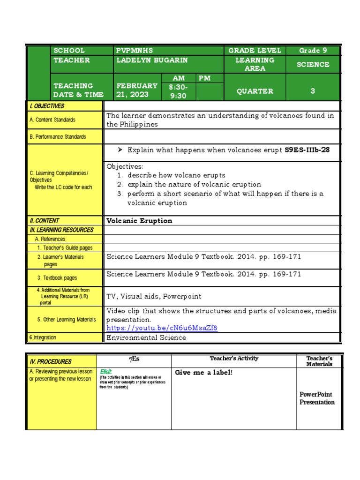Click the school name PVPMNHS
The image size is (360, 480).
click(x=135, y=51)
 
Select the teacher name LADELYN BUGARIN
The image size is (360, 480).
click(x=152, y=60)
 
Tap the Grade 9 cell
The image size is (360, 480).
click(x=313, y=51)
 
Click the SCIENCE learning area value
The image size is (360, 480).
click(x=313, y=65)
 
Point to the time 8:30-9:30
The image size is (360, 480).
click(x=178, y=91)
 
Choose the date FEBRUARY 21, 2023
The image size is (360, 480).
click(x=136, y=90)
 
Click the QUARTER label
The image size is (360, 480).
click(x=255, y=91)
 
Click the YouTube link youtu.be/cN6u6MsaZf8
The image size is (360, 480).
click(x=162, y=328)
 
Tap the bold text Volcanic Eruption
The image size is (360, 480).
click(x=139, y=221)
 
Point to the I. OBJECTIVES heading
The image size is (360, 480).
click(x=47, y=106)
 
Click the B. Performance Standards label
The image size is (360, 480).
click(x=58, y=137)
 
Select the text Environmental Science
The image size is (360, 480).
click(x=146, y=337)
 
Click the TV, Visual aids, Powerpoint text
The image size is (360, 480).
click(x=154, y=296)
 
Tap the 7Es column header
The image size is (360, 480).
click(x=134, y=359)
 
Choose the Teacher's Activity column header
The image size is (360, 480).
click(x=234, y=359)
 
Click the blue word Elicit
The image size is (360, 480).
click(x=106, y=372)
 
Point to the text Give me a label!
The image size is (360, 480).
click(x=204, y=373)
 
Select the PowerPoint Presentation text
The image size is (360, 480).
click(x=317, y=398)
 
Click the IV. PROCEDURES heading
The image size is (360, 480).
click(x=51, y=361)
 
